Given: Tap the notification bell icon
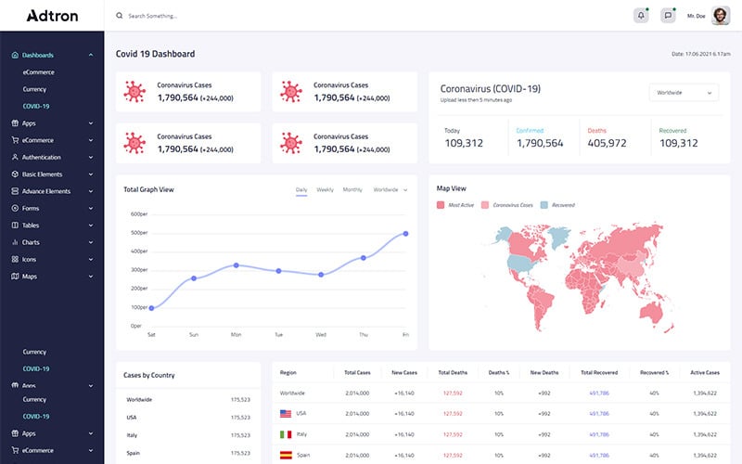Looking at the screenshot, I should coord(641,16).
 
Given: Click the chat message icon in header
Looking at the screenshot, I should coord(668,16).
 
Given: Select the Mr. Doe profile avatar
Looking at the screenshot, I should coord(721,16).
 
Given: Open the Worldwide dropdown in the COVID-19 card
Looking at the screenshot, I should coord(684,93).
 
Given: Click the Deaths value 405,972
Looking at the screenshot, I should coord(607,143).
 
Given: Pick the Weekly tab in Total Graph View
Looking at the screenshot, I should coord(325,189).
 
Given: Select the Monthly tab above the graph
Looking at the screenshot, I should coord(352,189).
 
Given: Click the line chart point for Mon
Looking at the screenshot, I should coord(236,265).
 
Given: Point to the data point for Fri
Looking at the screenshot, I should coord(405,234).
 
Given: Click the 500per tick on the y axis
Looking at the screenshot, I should coord(139,233).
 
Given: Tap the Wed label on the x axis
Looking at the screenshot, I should coord(321,334).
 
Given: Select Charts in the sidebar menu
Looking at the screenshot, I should coord(31,242).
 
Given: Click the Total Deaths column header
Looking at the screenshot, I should coord(453,372).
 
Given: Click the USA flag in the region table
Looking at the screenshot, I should coord(286,413).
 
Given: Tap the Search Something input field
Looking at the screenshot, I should coord(185,16).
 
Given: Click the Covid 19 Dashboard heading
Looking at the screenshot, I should coord(155,54).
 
